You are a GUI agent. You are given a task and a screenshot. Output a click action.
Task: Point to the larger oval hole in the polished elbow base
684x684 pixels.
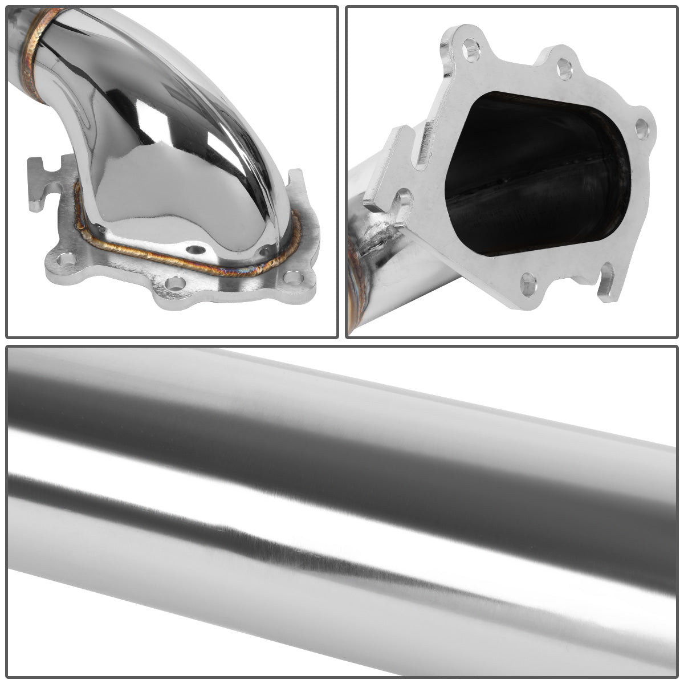coord(196,249)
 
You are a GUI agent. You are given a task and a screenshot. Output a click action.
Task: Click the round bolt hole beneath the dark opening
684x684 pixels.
coord(528,280)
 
